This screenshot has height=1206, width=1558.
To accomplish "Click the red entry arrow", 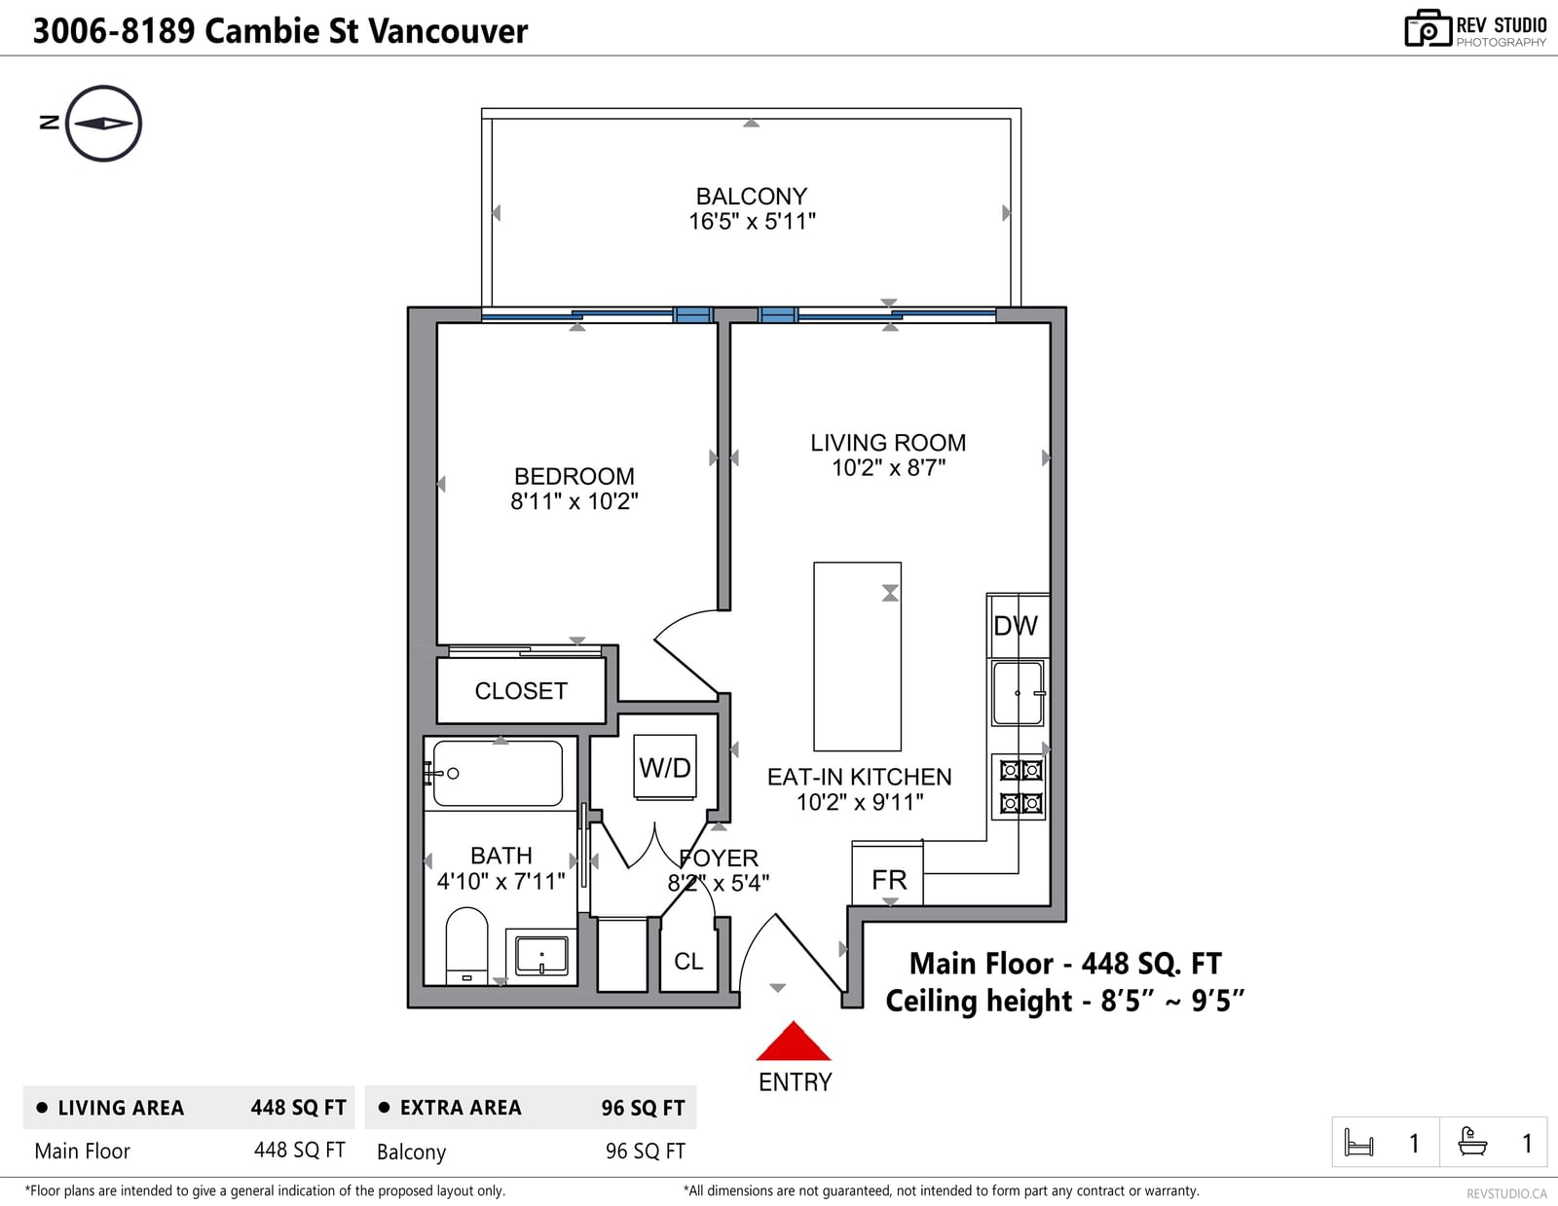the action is point(793,1042).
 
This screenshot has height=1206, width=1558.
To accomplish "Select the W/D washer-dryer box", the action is point(665,767).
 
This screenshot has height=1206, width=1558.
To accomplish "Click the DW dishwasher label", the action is point(1016,626).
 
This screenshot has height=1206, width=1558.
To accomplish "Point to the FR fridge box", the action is point(888,873).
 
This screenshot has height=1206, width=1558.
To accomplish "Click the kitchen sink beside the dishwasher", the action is point(1019,693).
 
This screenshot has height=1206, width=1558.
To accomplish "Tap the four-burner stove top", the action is point(1019,786).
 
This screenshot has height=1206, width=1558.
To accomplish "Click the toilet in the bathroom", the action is point(466,946).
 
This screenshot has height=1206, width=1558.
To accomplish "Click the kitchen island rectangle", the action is point(858,656).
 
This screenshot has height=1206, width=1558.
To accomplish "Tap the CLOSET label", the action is point(521,691).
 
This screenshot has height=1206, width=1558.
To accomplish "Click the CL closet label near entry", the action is point(689,962).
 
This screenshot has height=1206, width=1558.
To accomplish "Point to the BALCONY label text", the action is point(752,197).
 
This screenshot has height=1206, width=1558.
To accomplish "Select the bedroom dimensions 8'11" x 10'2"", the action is point(575,501).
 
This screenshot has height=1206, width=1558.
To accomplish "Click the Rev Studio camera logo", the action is point(1427,28).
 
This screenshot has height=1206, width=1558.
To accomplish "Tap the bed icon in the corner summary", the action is point(1358,1142).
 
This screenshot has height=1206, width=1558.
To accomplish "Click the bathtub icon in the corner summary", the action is point(1472,1142).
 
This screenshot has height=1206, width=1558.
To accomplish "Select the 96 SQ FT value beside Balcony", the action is point(646,1151).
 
